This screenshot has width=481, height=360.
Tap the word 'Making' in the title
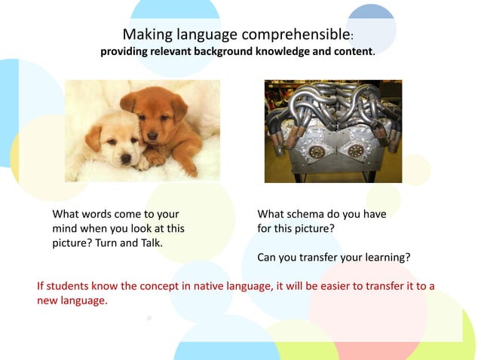[143, 35]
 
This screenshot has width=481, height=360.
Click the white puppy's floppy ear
[93, 139]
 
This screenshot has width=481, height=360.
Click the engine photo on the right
[332, 131]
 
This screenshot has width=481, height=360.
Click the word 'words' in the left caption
[99, 214]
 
